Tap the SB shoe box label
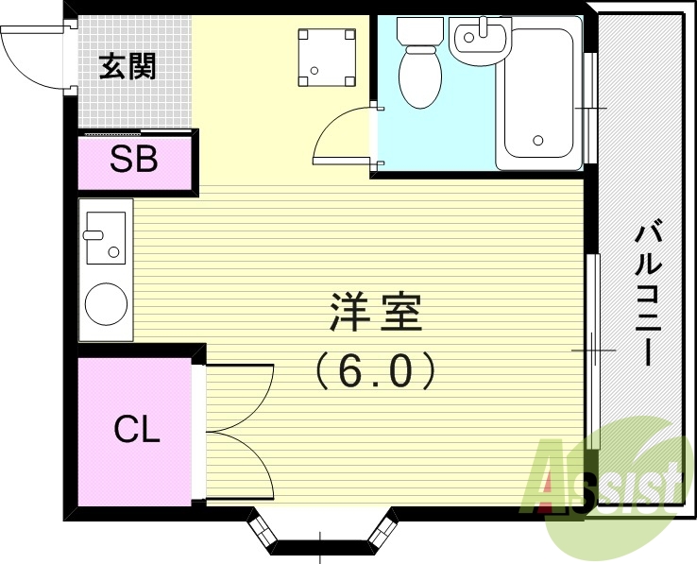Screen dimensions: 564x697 coord(133,160)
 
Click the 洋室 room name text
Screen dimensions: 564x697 coord(375,313)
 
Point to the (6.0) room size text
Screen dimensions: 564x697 coord(375,371)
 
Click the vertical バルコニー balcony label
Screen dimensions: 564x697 coord(646,293)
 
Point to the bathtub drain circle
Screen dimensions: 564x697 coord(538,142)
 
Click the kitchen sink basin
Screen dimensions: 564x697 coord(104,237)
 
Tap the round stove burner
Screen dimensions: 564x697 coord(106,302)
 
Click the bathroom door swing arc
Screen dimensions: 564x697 coord(342,140)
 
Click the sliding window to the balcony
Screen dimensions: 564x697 coord(592,350)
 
